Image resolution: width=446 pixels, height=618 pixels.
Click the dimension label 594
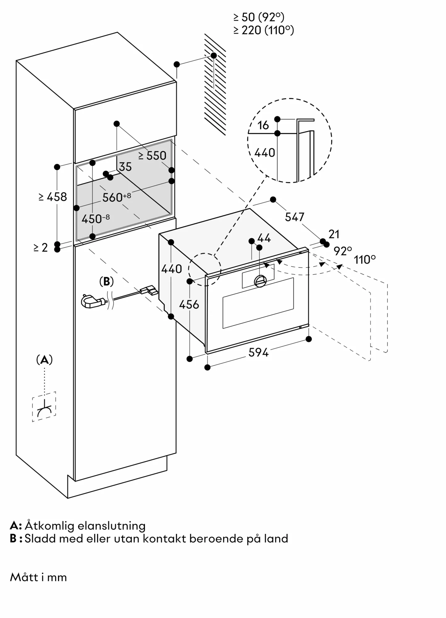tap(259, 352)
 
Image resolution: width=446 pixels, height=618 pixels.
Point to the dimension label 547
tap(294, 217)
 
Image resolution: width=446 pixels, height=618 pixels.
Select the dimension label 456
tap(189, 305)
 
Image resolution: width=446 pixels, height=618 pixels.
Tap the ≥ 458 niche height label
tap(53, 197)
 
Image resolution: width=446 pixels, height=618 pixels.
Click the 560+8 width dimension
tap(116, 197)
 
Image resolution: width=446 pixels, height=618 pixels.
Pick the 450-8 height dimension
tap(95, 219)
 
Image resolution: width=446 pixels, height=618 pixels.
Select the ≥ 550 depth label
tap(152, 156)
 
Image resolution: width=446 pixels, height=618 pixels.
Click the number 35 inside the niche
tap(125, 167)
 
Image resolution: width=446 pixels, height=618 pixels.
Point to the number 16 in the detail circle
tap(263, 125)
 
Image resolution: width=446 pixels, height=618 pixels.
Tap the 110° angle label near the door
tap(365, 260)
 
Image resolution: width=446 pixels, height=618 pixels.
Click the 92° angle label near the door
tap(343, 251)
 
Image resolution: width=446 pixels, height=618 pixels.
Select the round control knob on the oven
tap(260, 281)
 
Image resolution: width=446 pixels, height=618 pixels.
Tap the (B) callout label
tap(107, 281)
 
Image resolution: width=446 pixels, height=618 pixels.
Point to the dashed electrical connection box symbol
tap(44, 407)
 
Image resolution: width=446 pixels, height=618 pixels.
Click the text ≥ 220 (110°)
tap(263, 30)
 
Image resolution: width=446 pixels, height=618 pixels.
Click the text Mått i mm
tap(38, 577)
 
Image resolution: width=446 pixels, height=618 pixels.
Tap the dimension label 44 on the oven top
tap(264, 238)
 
